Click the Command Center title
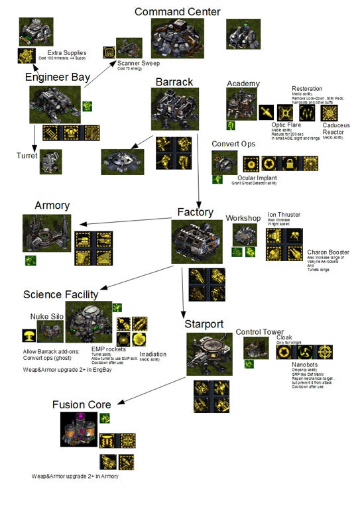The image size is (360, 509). [x=177, y=11]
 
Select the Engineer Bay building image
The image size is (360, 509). [x=54, y=103]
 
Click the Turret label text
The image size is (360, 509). [x=27, y=156]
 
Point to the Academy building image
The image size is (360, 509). [x=238, y=104]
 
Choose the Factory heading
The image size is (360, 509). [x=195, y=212]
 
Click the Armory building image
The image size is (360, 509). [x=46, y=233]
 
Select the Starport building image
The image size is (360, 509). [x=208, y=354]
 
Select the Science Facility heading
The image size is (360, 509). [x=60, y=294]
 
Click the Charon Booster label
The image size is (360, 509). [x=328, y=253]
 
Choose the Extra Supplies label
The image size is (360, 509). [x=66, y=52]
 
